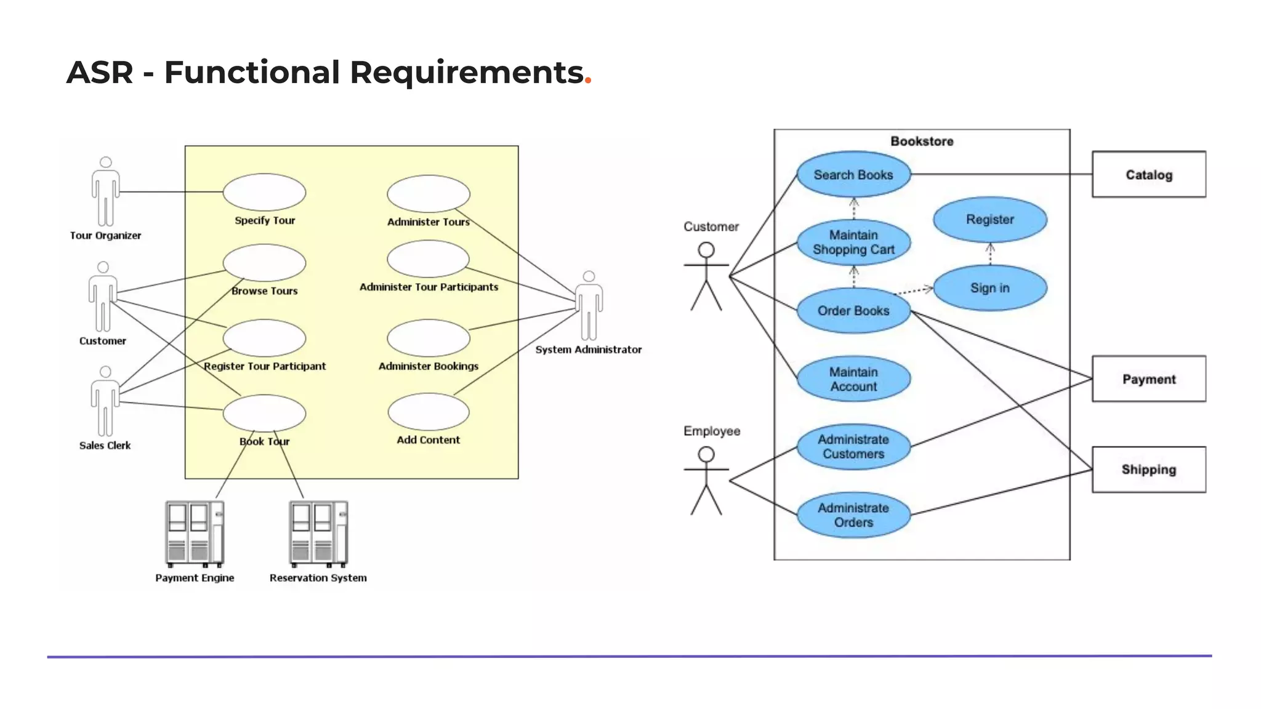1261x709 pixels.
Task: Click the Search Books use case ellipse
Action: [x=853, y=175]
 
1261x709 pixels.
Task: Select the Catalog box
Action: [x=1148, y=175]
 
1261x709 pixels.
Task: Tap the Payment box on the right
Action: [x=1148, y=379]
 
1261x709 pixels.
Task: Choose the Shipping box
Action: [x=1148, y=470]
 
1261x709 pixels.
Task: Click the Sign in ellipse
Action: [x=989, y=288]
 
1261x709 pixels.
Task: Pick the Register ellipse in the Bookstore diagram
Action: [x=989, y=220]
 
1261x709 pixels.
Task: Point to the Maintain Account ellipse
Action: [x=853, y=379]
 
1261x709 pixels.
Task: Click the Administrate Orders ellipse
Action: [x=853, y=515]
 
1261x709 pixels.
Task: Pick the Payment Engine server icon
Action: [x=195, y=534]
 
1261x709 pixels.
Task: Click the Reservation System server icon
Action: [x=318, y=534]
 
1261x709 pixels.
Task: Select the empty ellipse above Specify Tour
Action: [x=264, y=192]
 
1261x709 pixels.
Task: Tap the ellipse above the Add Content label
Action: [x=429, y=412]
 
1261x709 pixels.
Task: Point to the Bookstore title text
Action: [x=922, y=142]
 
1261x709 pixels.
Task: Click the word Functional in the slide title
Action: [x=252, y=73]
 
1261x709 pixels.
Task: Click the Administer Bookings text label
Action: [x=429, y=366]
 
